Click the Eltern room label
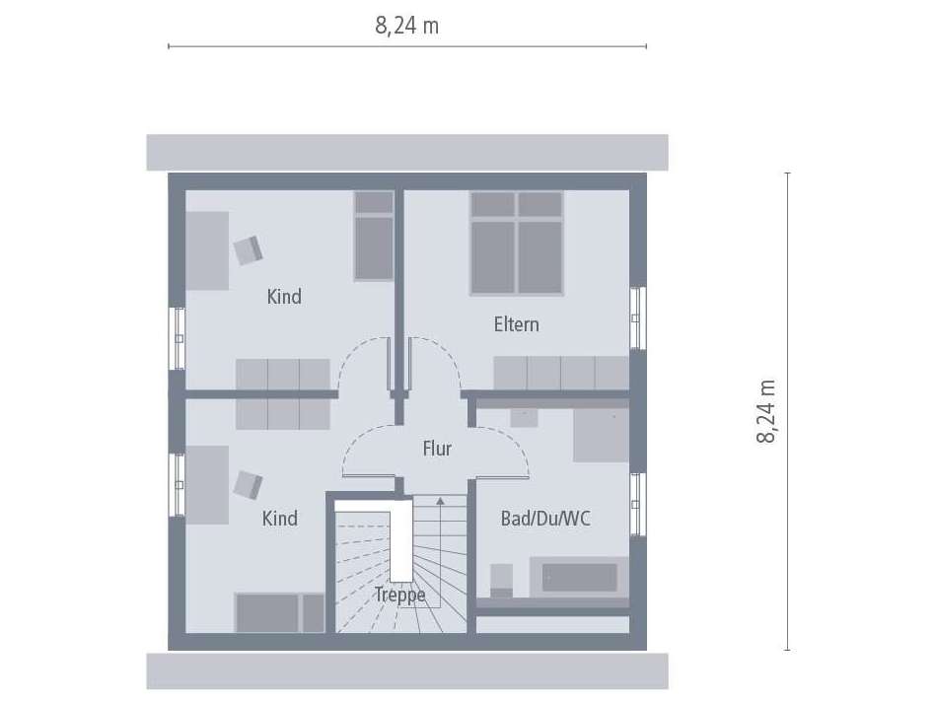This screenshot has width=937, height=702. pyautogui.click(x=516, y=324)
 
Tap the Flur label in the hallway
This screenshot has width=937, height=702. pyautogui.click(x=437, y=450)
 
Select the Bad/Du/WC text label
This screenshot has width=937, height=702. pyautogui.click(x=545, y=518)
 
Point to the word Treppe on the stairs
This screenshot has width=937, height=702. pyautogui.click(x=399, y=595)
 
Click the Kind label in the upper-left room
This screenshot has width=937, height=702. pyautogui.click(x=284, y=296)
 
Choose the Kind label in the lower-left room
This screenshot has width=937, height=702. pyautogui.click(x=280, y=518)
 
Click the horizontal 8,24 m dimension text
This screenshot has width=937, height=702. pyautogui.click(x=406, y=27)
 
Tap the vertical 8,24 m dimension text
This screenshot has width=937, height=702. pyautogui.click(x=767, y=411)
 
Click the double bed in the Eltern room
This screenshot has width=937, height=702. pyautogui.click(x=516, y=243)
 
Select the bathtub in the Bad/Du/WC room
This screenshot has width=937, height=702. pyautogui.click(x=579, y=577)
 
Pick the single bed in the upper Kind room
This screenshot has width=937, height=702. pyautogui.click(x=374, y=236)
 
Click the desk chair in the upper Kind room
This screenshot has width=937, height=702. pyautogui.click(x=248, y=249)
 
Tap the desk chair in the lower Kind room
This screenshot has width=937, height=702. pyautogui.click(x=248, y=485)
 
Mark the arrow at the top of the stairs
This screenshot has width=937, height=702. pyautogui.click(x=439, y=501)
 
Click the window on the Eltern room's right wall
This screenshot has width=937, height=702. pyautogui.click(x=637, y=317)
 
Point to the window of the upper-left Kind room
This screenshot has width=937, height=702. pyautogui.click(x=179, y=338)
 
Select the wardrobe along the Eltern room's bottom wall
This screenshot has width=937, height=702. pyautogui.click(x=560, y=373)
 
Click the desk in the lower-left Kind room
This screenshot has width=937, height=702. pyautogui.click(x=207, y=484)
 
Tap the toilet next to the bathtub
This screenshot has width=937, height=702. pyautogui.click(x=501, y=580)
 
